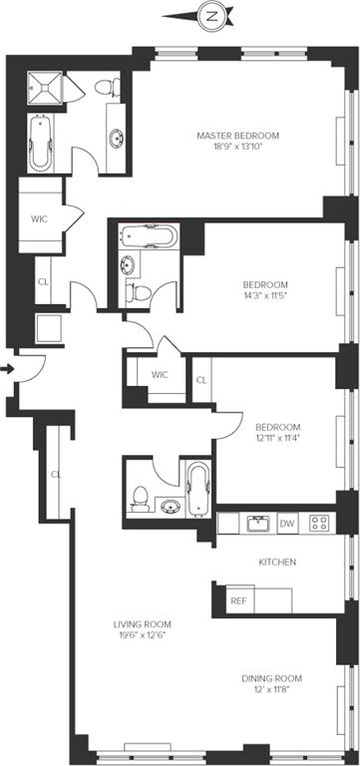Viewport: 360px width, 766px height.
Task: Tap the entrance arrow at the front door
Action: click(7, 369)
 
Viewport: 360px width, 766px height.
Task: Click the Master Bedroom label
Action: click(238, 136)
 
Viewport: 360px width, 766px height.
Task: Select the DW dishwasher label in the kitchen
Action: click(287, 525)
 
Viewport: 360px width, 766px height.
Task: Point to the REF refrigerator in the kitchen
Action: click(239, 600)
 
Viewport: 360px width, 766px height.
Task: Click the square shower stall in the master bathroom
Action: click(45, 88)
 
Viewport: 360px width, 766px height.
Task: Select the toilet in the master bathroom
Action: click(107, 88)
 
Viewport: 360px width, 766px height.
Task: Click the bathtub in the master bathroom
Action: click(41, 143)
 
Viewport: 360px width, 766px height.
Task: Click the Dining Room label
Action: click(271, 678)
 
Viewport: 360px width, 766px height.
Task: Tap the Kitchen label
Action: click(277, 563)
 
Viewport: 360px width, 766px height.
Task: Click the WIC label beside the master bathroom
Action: click(39, 218)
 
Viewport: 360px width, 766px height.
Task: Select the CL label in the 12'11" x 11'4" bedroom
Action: click(201, 381)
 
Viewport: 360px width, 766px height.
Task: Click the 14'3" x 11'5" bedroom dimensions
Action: click(265, 295)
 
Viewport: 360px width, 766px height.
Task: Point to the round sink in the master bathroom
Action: click(117, 138)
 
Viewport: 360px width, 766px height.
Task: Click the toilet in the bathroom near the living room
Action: click(142, 499)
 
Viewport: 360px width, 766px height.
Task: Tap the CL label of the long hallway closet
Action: click(56, 474)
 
